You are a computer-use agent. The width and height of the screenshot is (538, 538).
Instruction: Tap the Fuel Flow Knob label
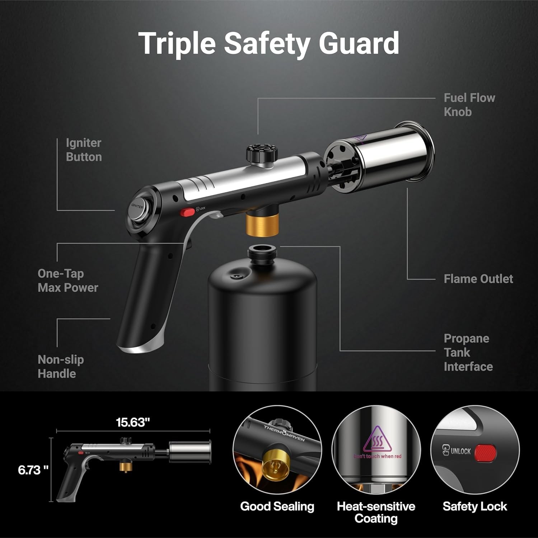tap(469, 105)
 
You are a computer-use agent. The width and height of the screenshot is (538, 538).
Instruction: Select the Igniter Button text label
tap(84, 150)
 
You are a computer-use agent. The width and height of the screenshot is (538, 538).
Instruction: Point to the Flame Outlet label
tap(478, 279)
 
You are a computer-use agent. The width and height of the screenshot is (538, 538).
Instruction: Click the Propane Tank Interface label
tap(468, 353)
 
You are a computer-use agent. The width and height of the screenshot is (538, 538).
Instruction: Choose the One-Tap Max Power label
tap(68, 280)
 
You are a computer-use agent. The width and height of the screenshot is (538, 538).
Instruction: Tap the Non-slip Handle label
tap(61, 367)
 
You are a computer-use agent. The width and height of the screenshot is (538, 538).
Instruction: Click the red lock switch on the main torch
tap(187, 212)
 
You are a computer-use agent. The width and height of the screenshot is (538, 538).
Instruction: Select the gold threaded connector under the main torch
tap(262, 225)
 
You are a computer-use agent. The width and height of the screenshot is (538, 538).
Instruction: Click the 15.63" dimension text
tap(133, 422)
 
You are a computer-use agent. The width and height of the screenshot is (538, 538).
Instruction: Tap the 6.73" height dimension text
tap(33, 470)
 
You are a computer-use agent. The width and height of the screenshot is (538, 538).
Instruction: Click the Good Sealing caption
tap(277, 506)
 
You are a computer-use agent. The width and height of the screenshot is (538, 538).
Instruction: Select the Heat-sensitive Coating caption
tap(376, 513)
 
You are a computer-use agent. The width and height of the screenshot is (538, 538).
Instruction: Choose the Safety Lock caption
tap(474, 506)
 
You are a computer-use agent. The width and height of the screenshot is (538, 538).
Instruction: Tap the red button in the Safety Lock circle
tap(485, 453)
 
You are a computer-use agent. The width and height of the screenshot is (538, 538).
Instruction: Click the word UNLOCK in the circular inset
tap(460, 451)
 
